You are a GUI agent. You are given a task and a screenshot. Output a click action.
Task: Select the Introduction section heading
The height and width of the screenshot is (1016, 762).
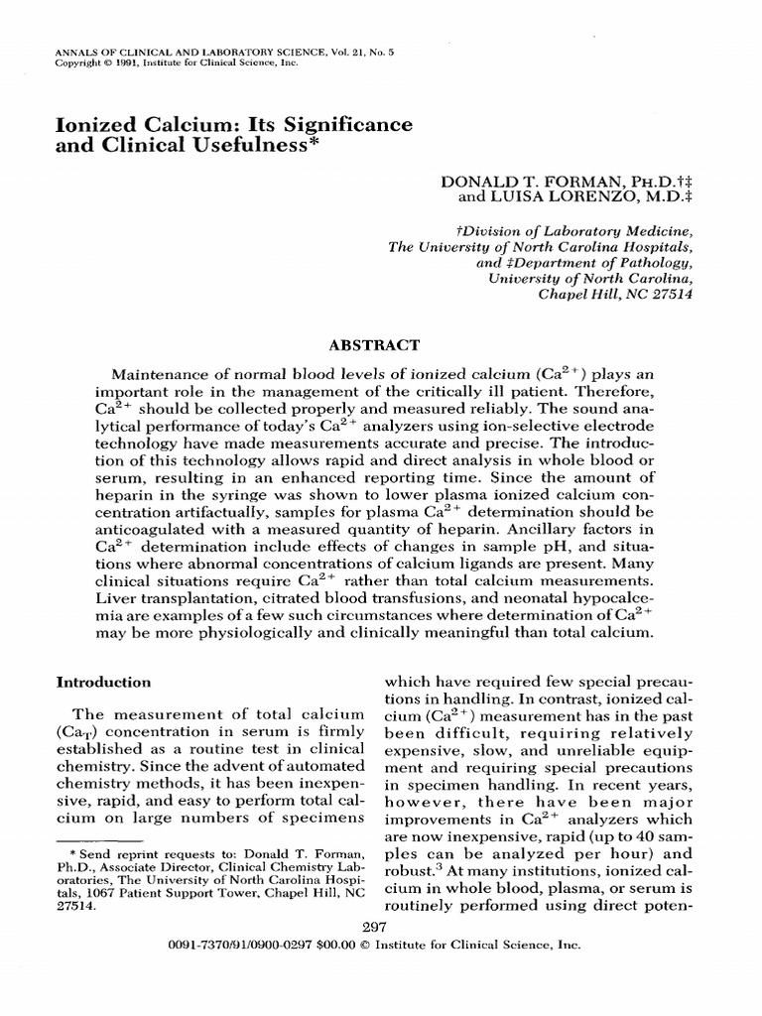[103, 682]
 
